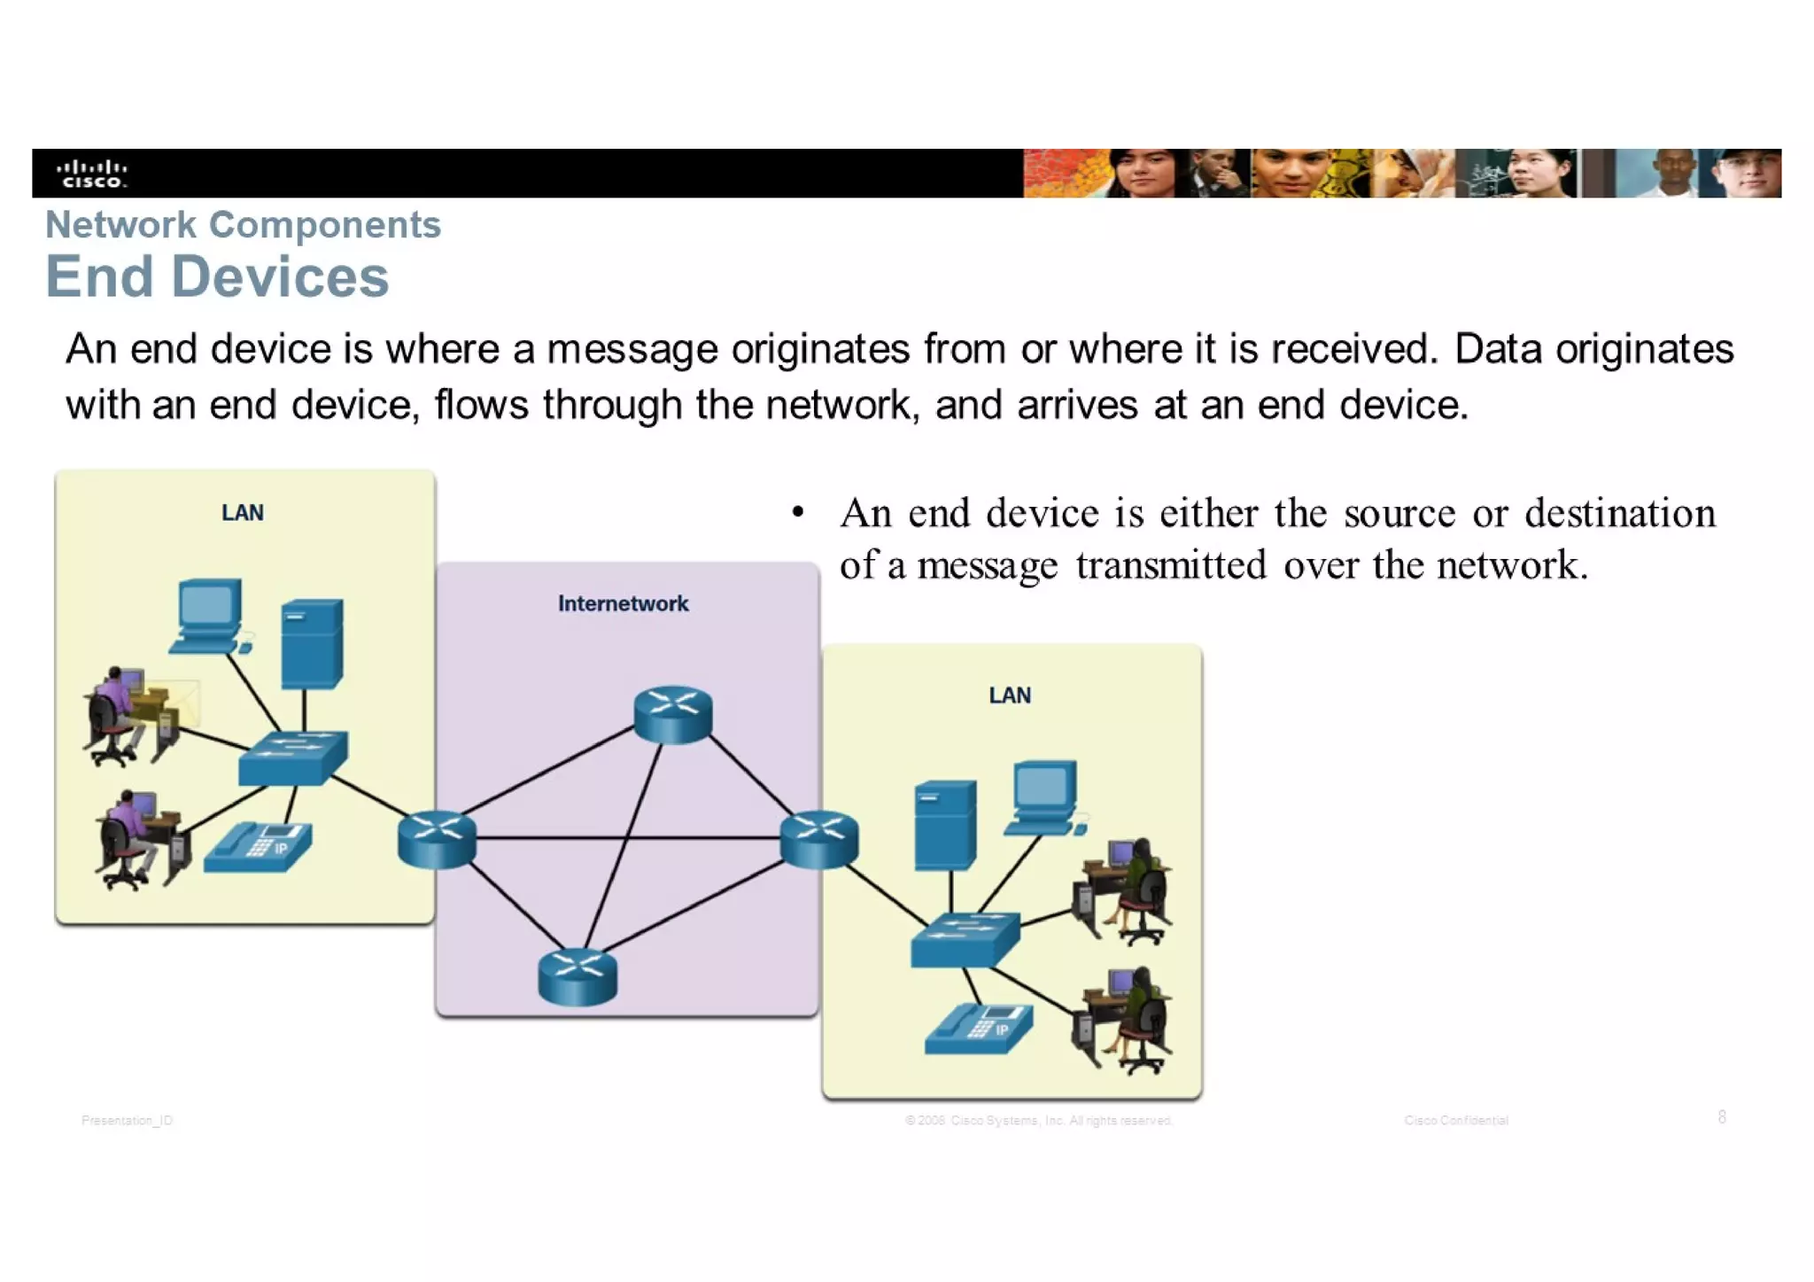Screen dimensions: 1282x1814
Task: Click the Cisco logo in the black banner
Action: click(x=92, y=174)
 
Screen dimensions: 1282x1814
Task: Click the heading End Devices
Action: click(x=217, y=276)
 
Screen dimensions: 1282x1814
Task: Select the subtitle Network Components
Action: click(x=243, y=225)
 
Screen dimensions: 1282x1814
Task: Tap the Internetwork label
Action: click(x=623, y=604)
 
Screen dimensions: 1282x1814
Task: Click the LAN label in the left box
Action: click(x=242, y=513)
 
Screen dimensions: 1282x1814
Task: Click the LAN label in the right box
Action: click(x=1010, y=695)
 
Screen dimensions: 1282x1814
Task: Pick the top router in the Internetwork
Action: click(x=673, y=714)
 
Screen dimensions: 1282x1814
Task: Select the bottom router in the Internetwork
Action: click(x=578, y=976)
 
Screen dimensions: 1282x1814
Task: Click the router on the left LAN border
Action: click(x=437, y=839)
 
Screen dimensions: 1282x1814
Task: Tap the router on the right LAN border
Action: click(x=819, y=839)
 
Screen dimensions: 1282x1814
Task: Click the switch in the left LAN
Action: click(x=292, y=758)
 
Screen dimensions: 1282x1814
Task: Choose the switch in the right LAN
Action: click(x=965, y=939)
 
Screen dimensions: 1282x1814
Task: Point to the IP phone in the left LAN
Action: click(x=258, y=848)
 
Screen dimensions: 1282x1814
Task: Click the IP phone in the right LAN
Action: click(x=979, y=1029)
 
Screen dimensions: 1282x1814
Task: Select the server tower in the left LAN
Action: click(x=312, y=644)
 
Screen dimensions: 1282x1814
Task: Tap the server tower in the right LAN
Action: click(x=945, y=825)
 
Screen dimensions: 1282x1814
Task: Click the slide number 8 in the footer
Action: click(x=1721, y=1117)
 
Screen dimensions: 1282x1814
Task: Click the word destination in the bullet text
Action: click(x=1619, y=513)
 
